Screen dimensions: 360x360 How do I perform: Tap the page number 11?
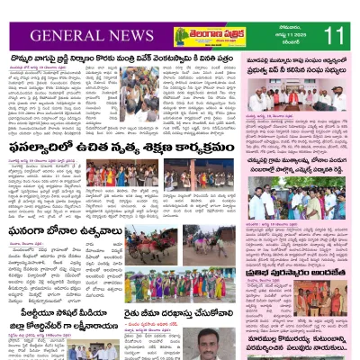(334, 37)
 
